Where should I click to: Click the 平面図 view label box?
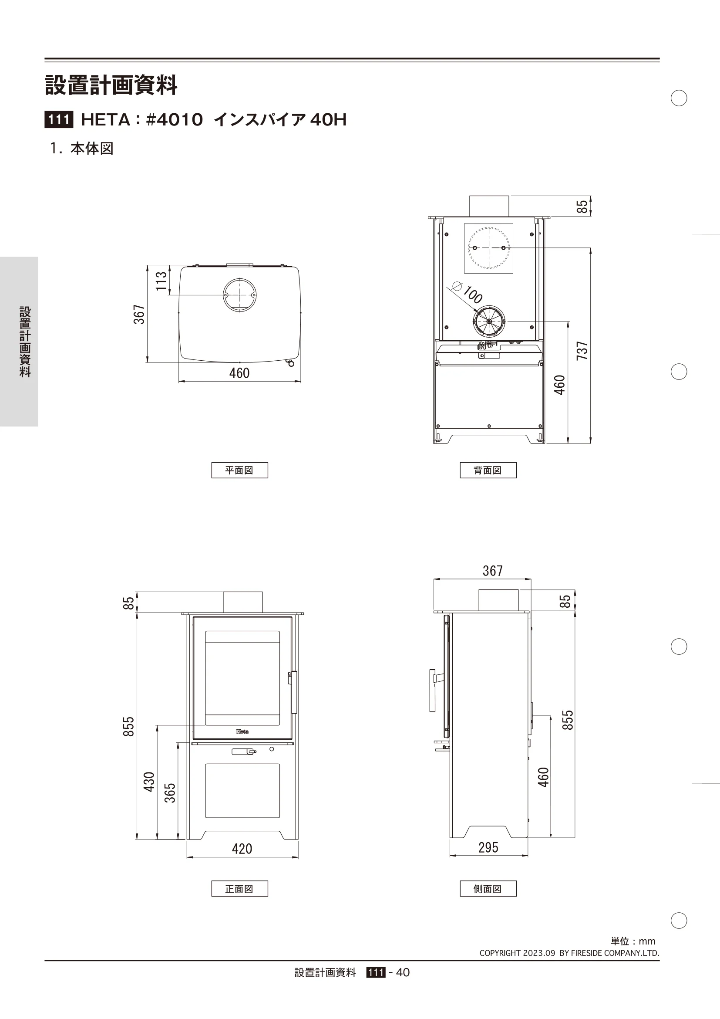click(x=239, y=470)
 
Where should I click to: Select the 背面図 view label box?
click(x=488, y=470)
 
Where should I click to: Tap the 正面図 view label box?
click(x=239, y=888)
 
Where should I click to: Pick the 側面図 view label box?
click(x=488, y=888)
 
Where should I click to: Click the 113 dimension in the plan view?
click(x=161, y=281)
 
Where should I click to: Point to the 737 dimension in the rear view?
click(x=582, y=351)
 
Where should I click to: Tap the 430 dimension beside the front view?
click(x=149, y=782)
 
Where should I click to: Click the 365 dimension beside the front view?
click(x=170, y=793)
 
